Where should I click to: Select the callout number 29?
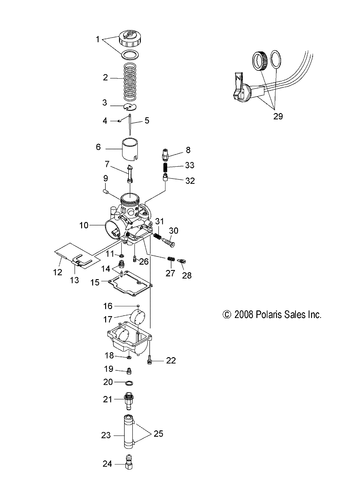point(278,116)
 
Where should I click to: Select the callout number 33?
point(190,165)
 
